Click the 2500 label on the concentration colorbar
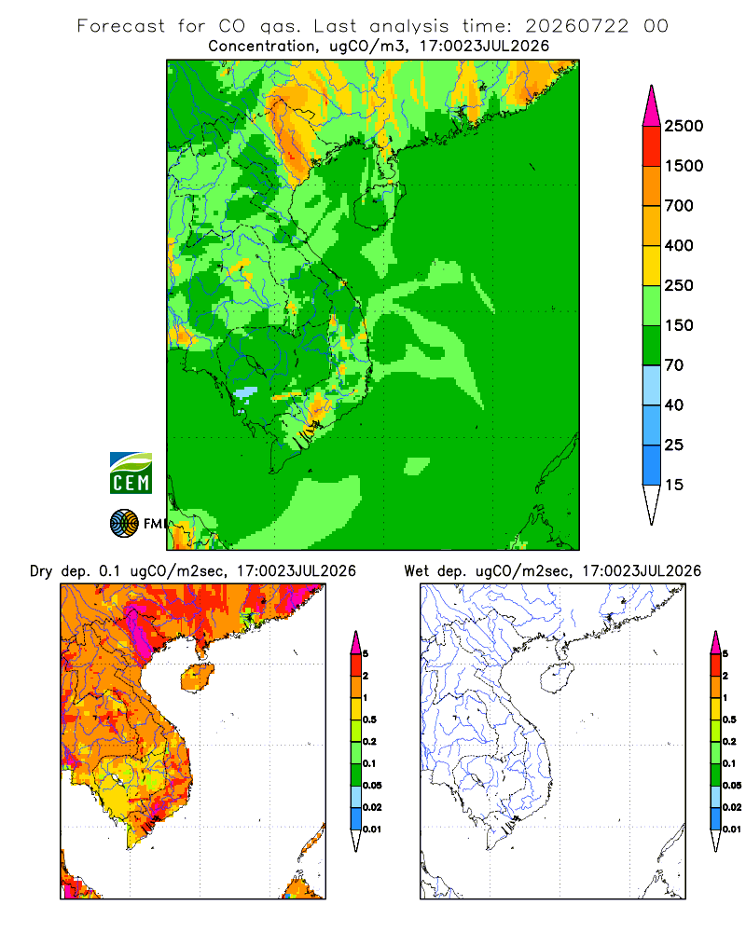point(684,126)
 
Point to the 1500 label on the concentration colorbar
point(684,166)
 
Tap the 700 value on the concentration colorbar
point(679,206)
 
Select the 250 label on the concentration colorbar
point(679,285)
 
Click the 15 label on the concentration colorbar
point(674,485)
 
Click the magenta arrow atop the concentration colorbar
point(652,107)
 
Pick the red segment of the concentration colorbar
point(652,146)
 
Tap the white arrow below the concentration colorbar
point(652,504)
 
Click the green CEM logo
point(131,473)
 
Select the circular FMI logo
point(124,524)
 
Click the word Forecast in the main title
point(121,26)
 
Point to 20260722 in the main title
point(576,26)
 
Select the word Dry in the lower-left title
point(41,571)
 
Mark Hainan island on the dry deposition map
point(197,678)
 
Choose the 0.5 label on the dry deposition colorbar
point(369,720)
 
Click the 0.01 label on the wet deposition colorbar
point(732,829)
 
